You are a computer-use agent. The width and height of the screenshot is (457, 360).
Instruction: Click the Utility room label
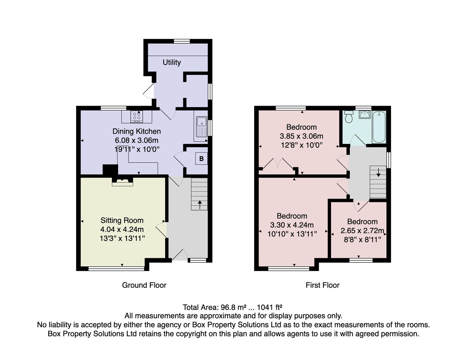[172, 62]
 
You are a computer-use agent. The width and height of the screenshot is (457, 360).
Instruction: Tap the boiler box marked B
[201, 159]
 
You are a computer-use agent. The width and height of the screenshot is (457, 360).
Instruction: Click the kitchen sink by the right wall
[201, 127]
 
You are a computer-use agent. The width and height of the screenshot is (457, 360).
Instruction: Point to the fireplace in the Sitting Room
[122, 182]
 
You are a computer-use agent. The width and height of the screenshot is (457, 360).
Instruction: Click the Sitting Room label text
[122, 220]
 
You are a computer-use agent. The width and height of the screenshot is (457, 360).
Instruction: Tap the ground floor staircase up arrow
[200, 204]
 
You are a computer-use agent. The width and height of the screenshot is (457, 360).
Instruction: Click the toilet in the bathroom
[349, 117]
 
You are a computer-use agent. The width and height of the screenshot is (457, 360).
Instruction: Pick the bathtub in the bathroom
[379, 127]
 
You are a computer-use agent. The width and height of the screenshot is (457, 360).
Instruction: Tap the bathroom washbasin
[364, 115]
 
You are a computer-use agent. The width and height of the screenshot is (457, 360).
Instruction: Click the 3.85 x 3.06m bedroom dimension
[301, 136]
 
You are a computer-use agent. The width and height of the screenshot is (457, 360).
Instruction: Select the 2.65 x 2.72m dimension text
[362, 231]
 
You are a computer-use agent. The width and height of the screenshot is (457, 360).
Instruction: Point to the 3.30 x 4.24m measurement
[292, 225]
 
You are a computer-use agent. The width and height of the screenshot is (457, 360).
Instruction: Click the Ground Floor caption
[144, 285]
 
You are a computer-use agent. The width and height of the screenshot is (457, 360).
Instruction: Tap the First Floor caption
[322, 285]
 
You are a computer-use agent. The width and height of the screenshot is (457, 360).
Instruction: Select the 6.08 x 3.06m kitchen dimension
[137, 140]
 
